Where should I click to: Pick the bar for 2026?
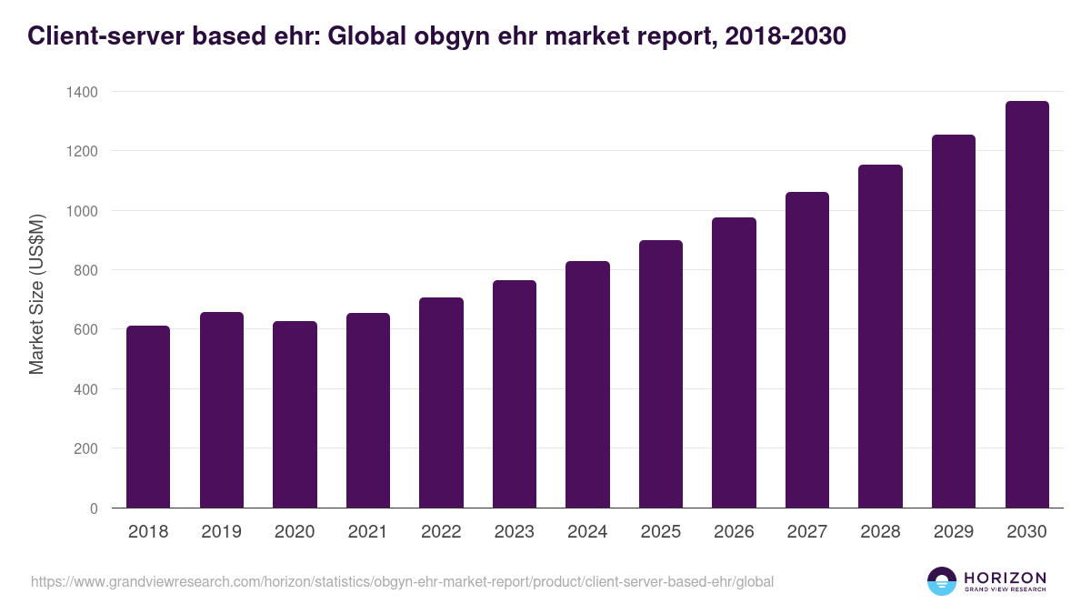(734, 363)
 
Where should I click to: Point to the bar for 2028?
(880, 337)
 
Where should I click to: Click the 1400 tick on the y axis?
(81, 92)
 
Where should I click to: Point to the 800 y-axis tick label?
(85, 270)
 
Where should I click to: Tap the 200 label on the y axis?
(85, 448)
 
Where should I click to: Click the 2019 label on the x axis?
(221, 532)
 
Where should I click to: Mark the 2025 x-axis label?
(660, 532)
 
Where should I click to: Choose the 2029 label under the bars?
(953, 532)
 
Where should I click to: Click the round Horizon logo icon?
(942, 581)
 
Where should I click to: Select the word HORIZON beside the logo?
(1005, 577)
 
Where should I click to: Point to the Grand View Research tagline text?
(1005, 590)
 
